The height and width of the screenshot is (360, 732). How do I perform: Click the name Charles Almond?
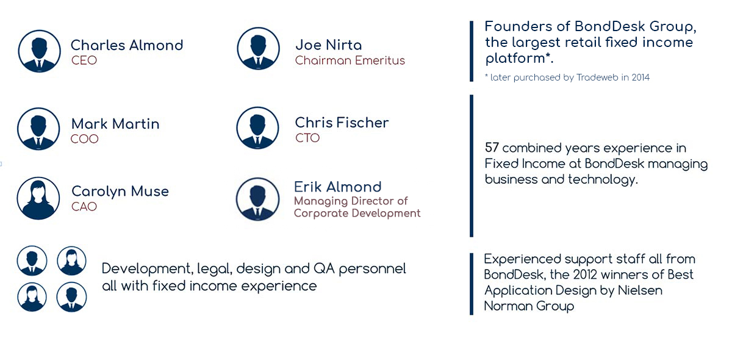click(127, 45)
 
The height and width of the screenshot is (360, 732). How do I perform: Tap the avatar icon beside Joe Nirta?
click(258, 48)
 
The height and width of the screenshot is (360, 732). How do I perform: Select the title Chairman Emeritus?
click(350, 60)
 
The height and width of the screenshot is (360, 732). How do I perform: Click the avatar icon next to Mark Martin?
click(38, 129)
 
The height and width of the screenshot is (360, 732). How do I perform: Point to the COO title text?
click(85, 139)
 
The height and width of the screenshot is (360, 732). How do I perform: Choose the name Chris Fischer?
click(342, 123)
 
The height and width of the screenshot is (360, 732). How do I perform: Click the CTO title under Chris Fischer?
click(307, 138)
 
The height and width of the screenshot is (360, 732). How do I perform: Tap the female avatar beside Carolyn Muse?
click(38, 198)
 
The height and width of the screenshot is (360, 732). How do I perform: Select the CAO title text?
click(84, 207)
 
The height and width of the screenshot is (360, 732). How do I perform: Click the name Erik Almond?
click(337, 187)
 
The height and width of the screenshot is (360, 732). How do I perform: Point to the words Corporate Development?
click(357, 214)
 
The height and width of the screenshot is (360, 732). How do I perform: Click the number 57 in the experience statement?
click(492, 148)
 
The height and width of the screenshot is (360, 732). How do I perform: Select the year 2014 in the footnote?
click(640, 77)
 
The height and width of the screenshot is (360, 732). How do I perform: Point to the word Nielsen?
click(640, 290)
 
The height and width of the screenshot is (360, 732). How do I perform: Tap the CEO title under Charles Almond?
click(84, 60)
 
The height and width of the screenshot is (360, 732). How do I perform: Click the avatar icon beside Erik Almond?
click(258, 199)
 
